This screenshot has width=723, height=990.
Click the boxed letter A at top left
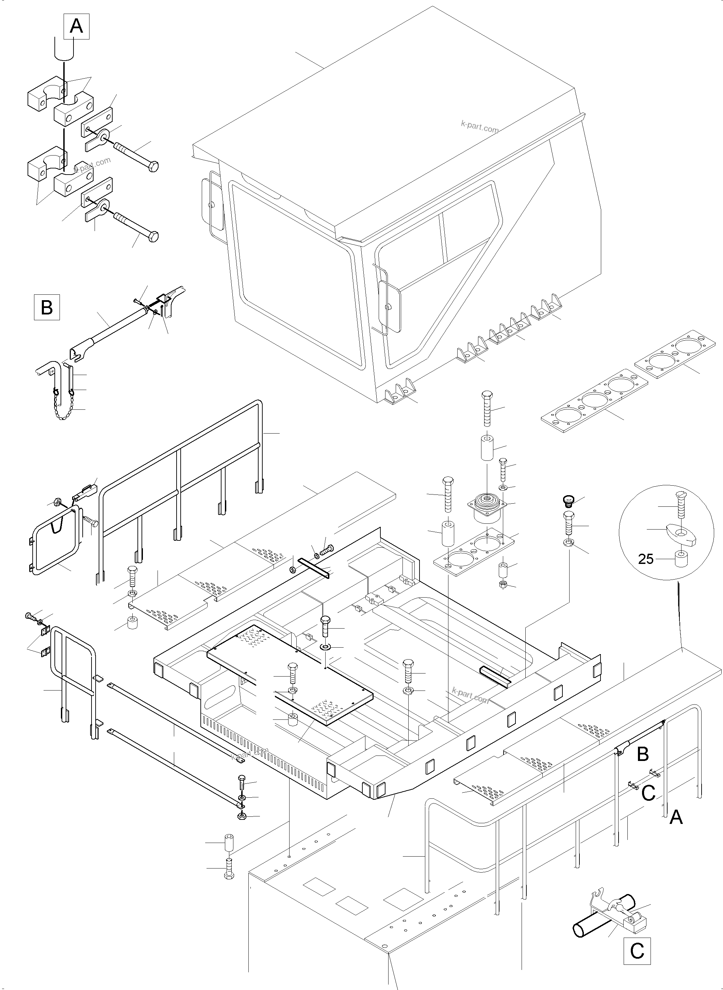click(77, 26)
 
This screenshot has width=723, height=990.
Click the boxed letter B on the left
click(47, 308)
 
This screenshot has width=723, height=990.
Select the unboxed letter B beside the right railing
click(642, 754)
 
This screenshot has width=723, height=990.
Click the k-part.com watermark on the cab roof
click(479, 127)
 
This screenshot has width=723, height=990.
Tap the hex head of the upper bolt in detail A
click(153, 167)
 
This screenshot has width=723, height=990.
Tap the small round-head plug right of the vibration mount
click(568, 501)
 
